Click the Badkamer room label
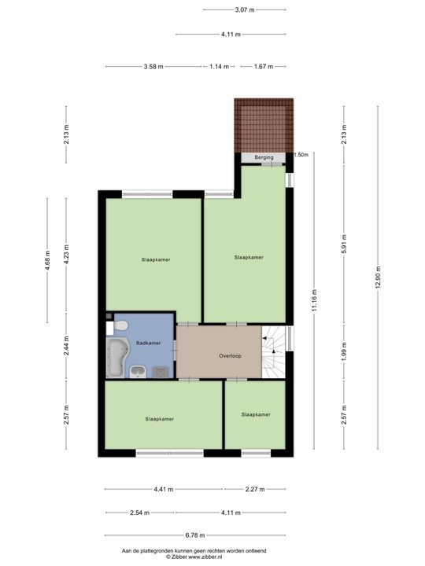tap(148, 343)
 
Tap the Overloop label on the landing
tap(230, 356)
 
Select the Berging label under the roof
tap(264, 157)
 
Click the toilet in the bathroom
tap(120, 325)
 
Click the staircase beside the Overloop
tap(274, 354)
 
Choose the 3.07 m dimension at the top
tap(244, 9)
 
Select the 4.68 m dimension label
tap(47, 259)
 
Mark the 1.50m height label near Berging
tap(300, 155)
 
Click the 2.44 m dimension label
tap(66, 346)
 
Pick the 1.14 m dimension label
tap(220, 67)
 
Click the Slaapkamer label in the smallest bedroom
tap(256, 414)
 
